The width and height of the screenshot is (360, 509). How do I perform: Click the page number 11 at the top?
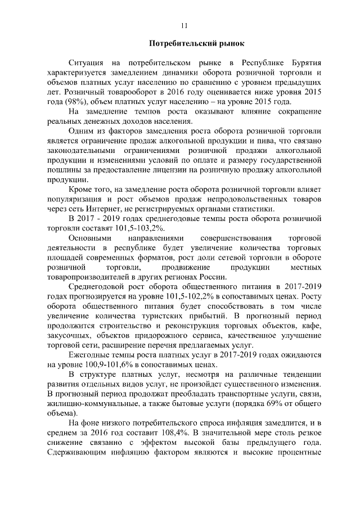tap(184, 25)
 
